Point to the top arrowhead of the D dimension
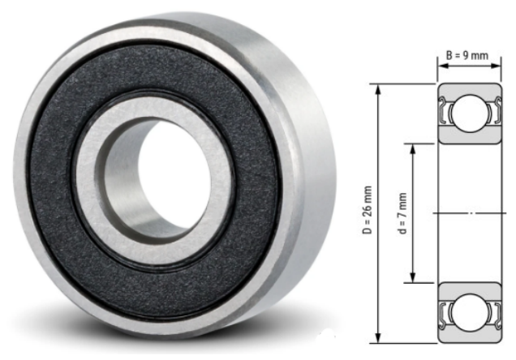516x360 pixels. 378,87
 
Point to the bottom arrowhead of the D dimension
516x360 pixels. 378,339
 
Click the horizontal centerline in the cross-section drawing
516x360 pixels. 466,213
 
